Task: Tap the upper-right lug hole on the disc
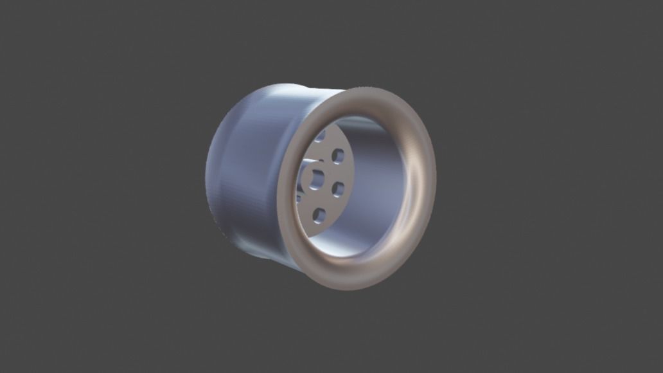coord(338,156)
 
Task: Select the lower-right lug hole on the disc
coord(338,188)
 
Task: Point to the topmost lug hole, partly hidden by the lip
coord(321,135)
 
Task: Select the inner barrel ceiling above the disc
coord(360,125)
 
